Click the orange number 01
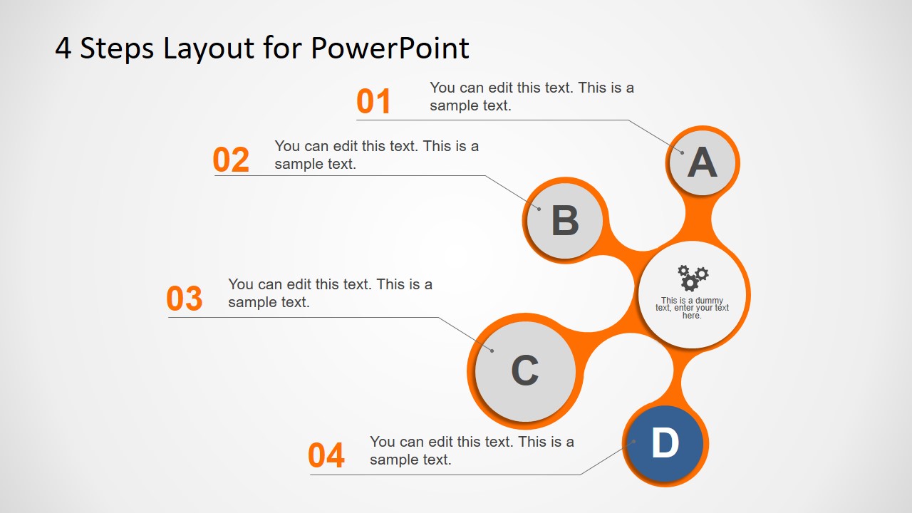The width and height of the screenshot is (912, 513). tap(374, 102)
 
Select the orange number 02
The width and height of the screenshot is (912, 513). tap(232, 160)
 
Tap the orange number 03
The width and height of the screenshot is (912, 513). tap(185, 299)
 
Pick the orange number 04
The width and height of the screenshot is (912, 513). tap(326, 456)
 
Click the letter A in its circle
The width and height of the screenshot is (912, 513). tap(702, 162)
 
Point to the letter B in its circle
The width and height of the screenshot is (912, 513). tap(565, 221)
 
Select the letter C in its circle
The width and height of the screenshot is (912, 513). tap(525, 371)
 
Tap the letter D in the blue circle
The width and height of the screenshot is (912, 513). tap(665, 444)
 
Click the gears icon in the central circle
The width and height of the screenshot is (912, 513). tap(693, 277)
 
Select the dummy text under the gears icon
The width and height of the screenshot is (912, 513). tap(693, 308)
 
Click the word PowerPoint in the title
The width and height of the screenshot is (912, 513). tap(390, 48)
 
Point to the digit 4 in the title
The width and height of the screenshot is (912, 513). tap(63, 49)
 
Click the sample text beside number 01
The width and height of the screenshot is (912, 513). tap(532, 97)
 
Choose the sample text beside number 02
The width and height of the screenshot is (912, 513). tap(376, 155)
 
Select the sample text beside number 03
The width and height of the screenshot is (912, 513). tap(330, 293)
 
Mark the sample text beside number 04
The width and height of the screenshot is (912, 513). tap(472, 450)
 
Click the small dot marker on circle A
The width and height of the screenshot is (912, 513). tap(682, 152)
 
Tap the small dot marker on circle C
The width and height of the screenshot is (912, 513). tap(492, 350)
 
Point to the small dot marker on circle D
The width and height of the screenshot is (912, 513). tap(633, 442)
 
